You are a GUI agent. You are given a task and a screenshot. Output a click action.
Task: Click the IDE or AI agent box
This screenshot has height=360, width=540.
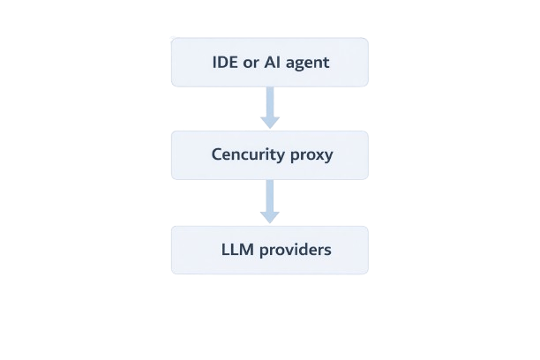click(269, 62)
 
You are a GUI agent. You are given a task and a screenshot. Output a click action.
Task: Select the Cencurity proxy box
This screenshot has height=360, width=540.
click(269, 155)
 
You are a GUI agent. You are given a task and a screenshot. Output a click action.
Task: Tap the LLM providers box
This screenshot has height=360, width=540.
click(269, 250)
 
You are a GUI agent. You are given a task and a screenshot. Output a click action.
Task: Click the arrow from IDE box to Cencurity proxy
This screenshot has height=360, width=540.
click(270, 106)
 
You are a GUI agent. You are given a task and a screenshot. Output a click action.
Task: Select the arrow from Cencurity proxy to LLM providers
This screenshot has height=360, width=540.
click(270, 201)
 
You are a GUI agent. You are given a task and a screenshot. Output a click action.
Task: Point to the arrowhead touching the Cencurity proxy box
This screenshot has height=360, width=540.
click(270, 122)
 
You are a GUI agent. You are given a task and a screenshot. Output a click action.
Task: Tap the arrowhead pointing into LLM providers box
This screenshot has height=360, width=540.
click(270, 216)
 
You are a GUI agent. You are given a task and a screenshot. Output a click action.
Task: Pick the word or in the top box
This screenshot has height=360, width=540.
click(252, 63)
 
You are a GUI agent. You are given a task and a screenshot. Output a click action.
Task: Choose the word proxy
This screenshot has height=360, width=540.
click(311, 156)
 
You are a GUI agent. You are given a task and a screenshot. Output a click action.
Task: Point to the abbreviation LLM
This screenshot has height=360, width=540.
click(236, 250)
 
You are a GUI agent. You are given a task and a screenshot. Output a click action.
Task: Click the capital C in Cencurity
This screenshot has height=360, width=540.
click(217, 155)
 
